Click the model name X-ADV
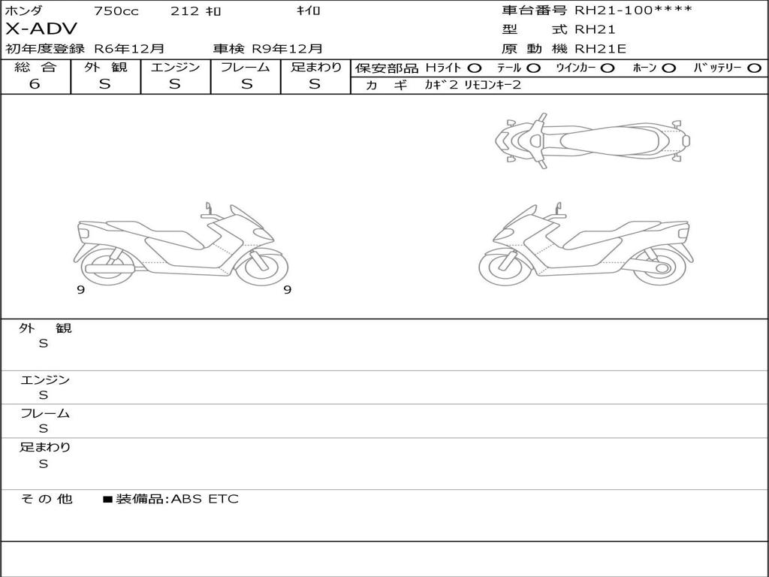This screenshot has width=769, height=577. pyautogui.click(x=41, y=29)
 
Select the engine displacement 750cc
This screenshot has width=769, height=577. pyautogui.click(x=116, y=11)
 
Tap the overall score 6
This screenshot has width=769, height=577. pyautogui.click(x=35, y=84)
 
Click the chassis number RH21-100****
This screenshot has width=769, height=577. pyautogui.click(x=634, y=11)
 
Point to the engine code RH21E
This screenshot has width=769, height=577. pyautogui.click(x=600, y=49)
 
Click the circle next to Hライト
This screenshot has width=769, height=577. pyautogui.click(x=474, y=68)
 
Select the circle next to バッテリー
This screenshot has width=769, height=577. pyautogui.click(x=754, y=68)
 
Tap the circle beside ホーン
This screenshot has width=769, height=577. pyautogui.click(x=668, y=68)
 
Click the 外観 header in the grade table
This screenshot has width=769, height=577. pyautogui.click(x=105, y=67)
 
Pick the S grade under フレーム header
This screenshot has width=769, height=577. pyautogui.click(x=246, y=84)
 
